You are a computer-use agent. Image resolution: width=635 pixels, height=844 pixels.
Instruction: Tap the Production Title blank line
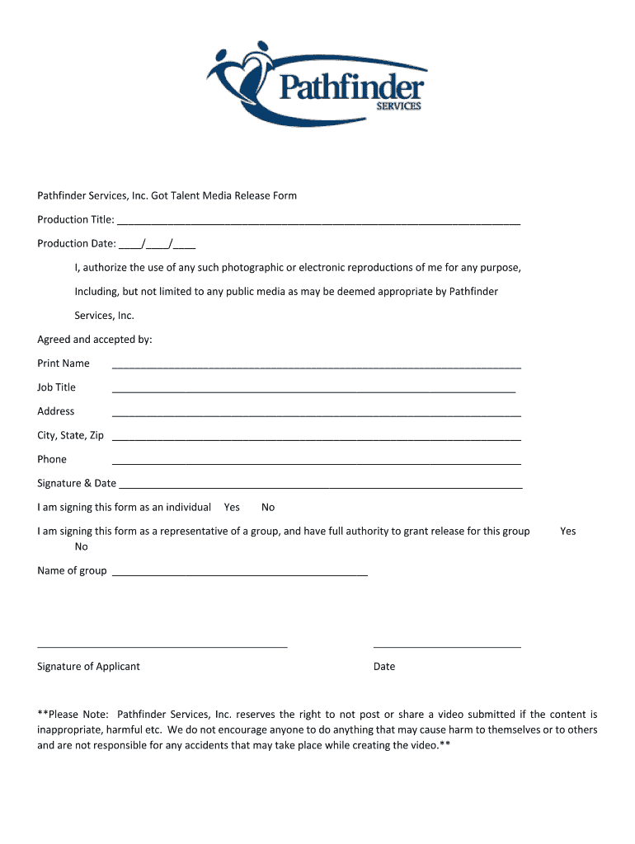[318, 223]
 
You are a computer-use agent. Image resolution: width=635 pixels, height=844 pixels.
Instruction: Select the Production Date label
[76, 243]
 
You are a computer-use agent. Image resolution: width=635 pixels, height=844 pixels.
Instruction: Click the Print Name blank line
[316, 368]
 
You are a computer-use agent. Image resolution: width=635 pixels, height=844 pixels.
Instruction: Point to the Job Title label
[56, 387]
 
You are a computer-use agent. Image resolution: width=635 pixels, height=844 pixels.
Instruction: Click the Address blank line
[316, 415]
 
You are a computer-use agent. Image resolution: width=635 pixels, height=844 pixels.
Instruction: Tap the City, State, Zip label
[70, 435]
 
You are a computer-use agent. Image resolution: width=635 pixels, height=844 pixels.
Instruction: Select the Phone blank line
[316, 463]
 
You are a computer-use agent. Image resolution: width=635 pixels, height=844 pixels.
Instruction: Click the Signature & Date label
[77, 483]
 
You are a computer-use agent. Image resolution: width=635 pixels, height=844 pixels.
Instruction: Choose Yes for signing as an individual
[232, 507]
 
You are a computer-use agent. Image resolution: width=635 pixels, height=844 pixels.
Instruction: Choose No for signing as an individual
[268, 507]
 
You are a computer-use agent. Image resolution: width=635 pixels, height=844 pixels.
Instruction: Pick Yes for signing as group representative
[567, 531]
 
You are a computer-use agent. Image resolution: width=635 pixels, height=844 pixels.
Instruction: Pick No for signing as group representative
[81, 546]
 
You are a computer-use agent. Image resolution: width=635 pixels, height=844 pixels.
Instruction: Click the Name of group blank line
[239, 574]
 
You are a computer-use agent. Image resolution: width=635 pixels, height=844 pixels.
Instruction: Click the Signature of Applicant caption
[88, 666]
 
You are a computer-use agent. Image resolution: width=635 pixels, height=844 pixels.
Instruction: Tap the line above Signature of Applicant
[162, 648]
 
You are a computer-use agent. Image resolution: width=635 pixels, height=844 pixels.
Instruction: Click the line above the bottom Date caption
[447, 648]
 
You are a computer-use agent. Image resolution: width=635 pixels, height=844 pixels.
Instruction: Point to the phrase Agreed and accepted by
[95, 340]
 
